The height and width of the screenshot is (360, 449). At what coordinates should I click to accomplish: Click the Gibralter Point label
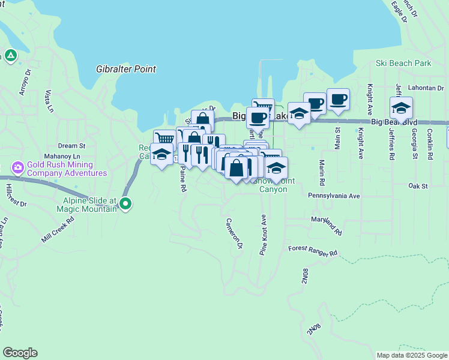click(126, 70)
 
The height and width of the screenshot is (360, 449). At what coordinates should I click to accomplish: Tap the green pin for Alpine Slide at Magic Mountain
click(125, 203)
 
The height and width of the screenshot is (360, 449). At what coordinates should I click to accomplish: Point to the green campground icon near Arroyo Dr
click(11, 56)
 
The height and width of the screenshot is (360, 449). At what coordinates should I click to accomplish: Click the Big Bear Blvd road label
click(394, 122)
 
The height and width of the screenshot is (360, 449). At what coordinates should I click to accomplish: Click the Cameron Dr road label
click(234, 233)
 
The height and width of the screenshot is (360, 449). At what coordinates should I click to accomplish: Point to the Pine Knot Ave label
click(263, 235)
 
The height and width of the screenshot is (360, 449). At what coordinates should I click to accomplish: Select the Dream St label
click(72, 146)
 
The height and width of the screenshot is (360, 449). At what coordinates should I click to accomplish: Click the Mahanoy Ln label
click(65, 156)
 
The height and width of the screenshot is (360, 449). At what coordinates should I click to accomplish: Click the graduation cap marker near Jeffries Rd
click(401, 108)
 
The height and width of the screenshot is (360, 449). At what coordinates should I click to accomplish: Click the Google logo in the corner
click(20, 353)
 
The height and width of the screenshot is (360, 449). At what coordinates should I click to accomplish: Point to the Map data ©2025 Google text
click(411, 355)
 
